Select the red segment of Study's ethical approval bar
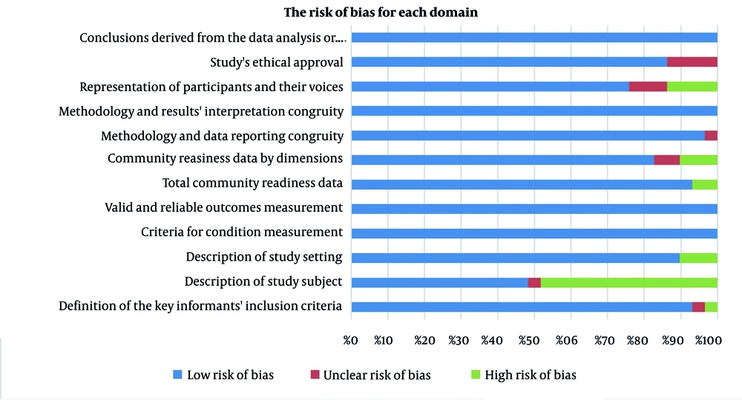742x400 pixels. [x=692, y=62]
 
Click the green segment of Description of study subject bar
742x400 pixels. [x=628, y=282]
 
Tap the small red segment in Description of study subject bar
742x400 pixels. [x=534, y=282]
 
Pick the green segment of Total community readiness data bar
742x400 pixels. [x=704, y=184]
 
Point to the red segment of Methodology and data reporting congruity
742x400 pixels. [x=711, y=136]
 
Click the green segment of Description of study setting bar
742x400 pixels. [x=698, y=258]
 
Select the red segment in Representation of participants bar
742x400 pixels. [x=648, y=87]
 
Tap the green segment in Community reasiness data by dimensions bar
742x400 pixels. [x=698, y=160]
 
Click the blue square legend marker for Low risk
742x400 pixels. [x=177, y=375]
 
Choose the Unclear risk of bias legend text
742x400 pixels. [x=376, y=375]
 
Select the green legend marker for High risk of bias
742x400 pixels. [x=474, y=375]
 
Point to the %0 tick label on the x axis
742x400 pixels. [x=351, y=341]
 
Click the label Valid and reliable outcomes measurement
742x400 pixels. [x=223, y=208]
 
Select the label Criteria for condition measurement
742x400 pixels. [x=241, y=233]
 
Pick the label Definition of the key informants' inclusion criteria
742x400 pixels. [x=200, y=306]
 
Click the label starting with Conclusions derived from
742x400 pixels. [x=211, y=38]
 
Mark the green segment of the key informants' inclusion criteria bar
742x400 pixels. [x=711, y=307]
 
